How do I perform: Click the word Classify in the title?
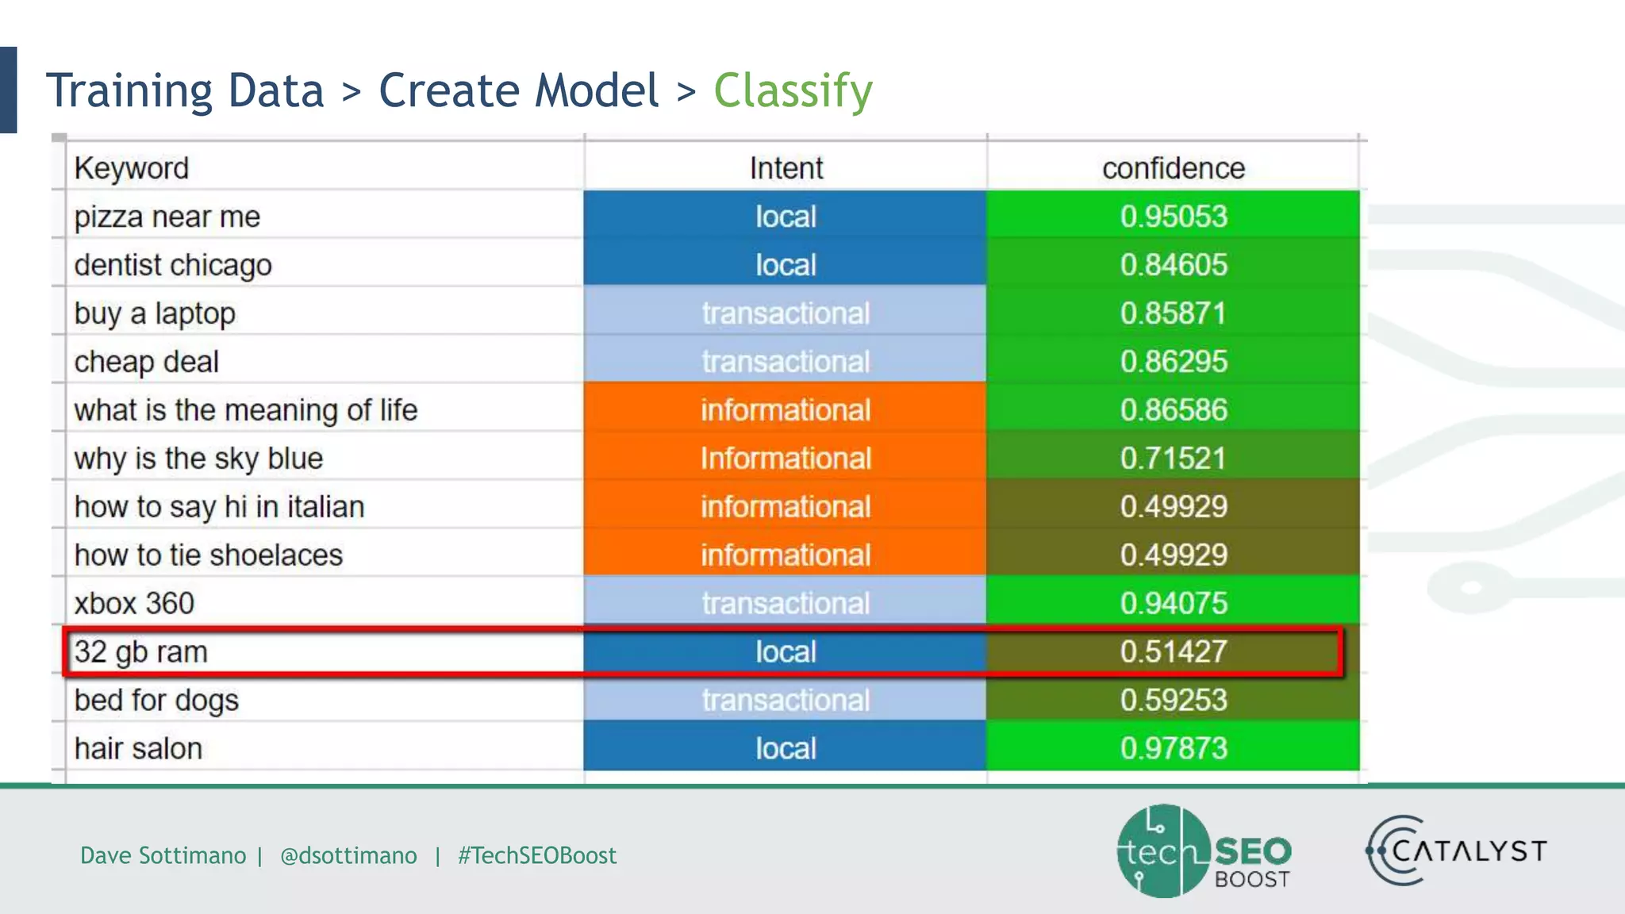tap(793, 91)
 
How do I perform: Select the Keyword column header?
tap(132, 168)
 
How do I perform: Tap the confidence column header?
tap(1173, 168)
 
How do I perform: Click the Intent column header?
tap(786, 168)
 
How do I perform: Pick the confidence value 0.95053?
tap(1173, 217)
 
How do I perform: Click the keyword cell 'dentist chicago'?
tap(173, 265)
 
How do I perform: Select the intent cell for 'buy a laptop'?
tap(786, 313)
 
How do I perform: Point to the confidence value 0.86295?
tap(1173, 362)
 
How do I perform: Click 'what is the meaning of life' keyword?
tap(246, 410)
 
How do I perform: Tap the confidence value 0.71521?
tap(1173, 459)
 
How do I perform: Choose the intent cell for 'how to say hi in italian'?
tap(786, 507)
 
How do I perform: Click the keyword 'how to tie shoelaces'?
tap(209, 555)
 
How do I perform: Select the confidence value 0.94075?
tap(1173, 604)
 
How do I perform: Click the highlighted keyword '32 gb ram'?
tap(141, 652)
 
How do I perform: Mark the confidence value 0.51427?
tap(1173, 652)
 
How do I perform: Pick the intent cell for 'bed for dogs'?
tap(786, 701)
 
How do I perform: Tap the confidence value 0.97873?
tap(1173, 749)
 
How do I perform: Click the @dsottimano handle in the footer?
tap(348, 855)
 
